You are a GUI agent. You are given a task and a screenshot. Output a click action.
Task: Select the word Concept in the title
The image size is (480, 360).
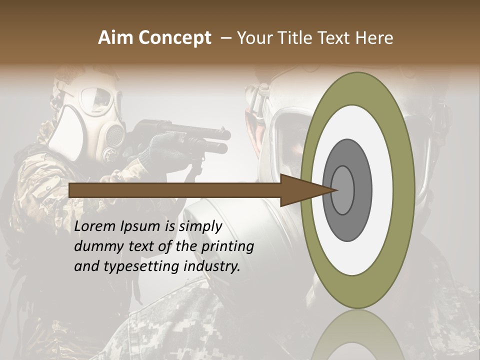[175, 38]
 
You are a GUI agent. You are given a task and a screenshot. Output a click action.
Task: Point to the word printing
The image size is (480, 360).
[227, 246]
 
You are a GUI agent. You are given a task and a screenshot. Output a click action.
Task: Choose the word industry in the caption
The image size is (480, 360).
[212, 266]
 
